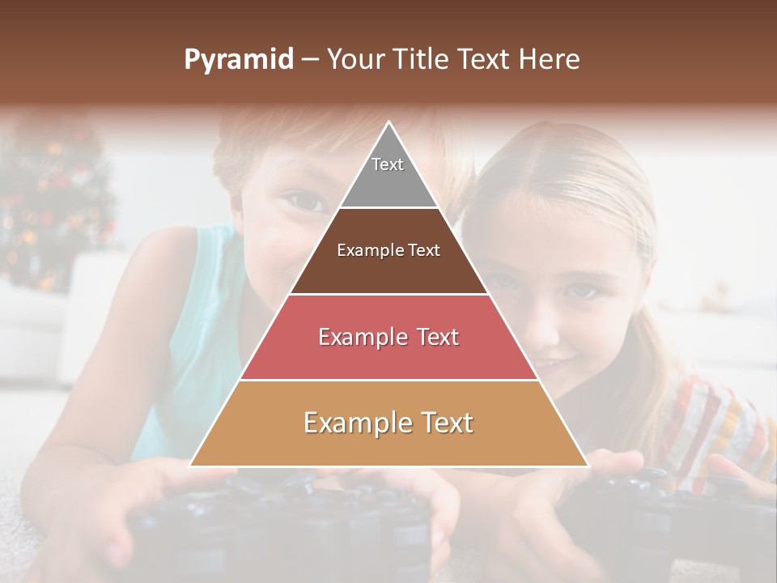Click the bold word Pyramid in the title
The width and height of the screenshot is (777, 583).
tap(239, 60)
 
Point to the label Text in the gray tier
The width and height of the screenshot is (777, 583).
tap(388, 164)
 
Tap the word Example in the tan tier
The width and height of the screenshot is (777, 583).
tap(354, 423)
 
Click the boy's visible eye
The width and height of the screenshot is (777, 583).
tap(305, 200)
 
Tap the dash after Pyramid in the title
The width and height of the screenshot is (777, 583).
tap(310, 60)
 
